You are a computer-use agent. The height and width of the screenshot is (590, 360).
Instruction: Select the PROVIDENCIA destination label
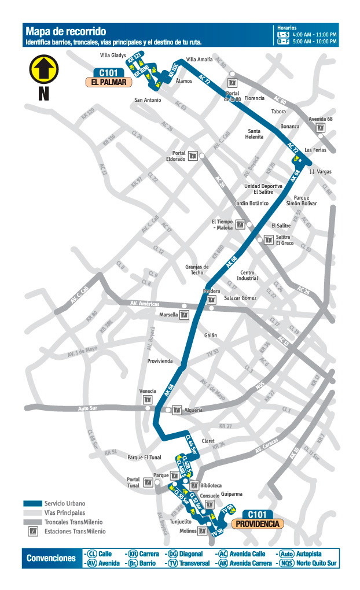pos(258,524)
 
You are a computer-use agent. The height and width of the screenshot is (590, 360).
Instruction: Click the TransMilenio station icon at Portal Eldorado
pos(194,156)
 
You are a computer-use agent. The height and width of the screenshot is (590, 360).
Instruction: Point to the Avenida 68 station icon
pos(321,128)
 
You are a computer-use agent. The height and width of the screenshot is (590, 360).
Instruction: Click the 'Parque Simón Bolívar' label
pos(302,200)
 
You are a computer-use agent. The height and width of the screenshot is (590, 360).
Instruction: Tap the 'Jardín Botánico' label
pos(252,204)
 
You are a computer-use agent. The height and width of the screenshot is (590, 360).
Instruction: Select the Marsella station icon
pos(185,315)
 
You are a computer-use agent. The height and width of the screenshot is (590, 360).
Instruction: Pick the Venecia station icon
pos(148,400)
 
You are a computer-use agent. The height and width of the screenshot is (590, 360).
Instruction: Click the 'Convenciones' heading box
pos(51,558)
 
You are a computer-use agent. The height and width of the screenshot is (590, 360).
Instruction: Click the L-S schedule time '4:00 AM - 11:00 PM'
pos(314,35)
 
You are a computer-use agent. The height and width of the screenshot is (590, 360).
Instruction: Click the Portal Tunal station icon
pos(149,482)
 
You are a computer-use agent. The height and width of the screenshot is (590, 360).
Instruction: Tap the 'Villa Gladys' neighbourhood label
pos(113,56)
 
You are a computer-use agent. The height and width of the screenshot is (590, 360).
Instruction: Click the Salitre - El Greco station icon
pos(268,240)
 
